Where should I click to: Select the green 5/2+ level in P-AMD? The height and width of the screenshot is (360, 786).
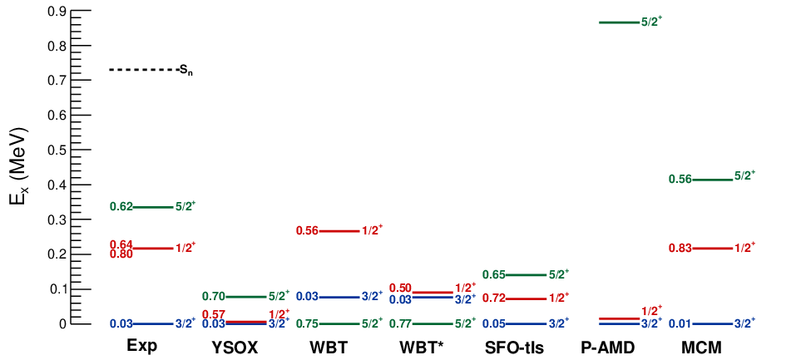pos(620,22)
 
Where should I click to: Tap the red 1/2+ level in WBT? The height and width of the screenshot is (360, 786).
pos(339,231)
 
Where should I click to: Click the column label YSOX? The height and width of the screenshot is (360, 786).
pos(234,346)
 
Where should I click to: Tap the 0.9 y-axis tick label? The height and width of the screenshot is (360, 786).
pos(57,11)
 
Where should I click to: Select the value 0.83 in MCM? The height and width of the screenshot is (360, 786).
pos(680,249)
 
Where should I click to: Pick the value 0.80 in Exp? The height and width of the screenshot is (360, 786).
pos(121,254)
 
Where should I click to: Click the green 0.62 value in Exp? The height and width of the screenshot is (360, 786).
pos(121,207)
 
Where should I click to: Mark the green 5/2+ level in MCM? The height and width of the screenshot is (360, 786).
pos(714,180)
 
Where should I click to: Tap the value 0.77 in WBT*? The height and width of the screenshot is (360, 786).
pos(400,324)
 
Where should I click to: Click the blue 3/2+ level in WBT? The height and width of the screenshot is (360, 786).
pos(339,297)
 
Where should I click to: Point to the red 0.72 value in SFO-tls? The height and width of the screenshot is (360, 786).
pos(493,298)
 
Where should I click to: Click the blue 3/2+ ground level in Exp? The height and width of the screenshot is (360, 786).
pos(153,324)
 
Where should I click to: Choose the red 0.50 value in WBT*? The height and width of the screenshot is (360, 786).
pos(401,288)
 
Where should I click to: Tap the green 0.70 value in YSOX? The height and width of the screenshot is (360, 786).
pos(213,297)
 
